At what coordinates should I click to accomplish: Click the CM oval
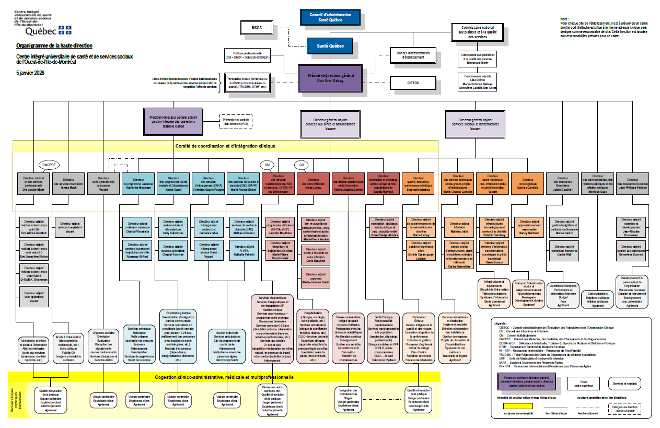(x=267, y=165)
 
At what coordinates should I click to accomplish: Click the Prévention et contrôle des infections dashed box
(x=235, y=121)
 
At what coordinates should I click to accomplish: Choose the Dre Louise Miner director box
(x=33, y=184)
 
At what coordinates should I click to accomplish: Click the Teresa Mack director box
(x=68, y=184)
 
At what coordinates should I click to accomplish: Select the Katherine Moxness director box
(x=138, y=184)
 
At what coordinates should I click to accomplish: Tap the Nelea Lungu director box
(x=312, y=184)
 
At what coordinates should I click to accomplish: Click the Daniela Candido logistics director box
(x=528, y=184)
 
